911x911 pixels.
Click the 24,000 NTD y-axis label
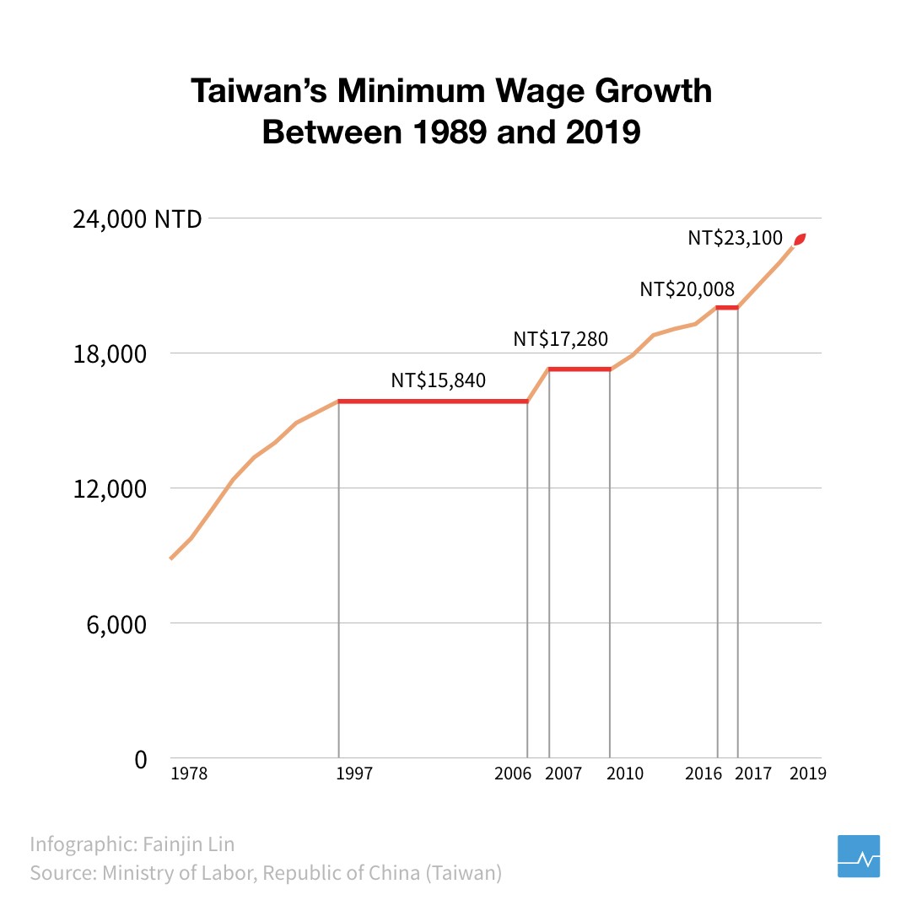coord(137,219)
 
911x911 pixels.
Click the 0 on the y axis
coord(140,759)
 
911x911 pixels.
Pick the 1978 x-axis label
coord(188,774)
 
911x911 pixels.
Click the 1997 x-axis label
coord(354,774)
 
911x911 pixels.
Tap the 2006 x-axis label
coord(513,774)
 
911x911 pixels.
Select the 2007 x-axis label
coord(563,774)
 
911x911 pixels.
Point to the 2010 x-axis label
coord(625,774)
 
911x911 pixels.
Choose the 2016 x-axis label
coord(704,774)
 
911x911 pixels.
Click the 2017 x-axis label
coord(753,774)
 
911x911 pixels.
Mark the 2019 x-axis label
coord(807,774)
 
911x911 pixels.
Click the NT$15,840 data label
coord(438,380)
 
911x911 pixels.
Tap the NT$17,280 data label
coord(561,339)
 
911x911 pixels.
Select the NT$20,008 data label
coord(687,289)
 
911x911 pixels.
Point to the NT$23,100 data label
coord(736,238)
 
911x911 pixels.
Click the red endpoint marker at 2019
coord(800,240)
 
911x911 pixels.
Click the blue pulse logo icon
coord(859,856)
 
